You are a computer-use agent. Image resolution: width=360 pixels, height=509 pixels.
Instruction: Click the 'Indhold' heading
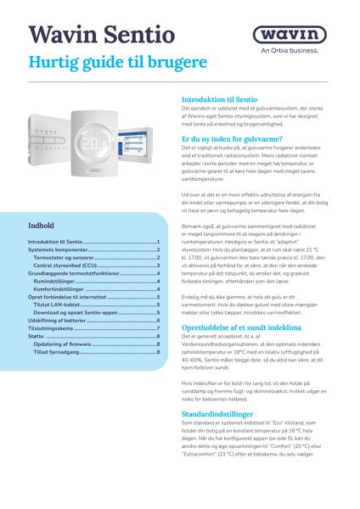coord(42,227)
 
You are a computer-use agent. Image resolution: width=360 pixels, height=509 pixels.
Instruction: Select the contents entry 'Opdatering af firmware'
coord(63,343)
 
